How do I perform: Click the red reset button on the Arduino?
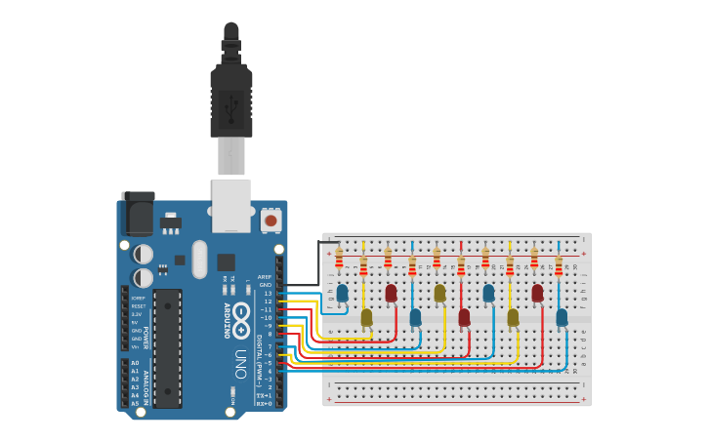271,221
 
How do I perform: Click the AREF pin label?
265,277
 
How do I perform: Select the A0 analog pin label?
135,363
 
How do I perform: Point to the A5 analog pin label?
135,403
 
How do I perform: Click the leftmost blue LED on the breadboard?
342,293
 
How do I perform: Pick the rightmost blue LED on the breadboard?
562,317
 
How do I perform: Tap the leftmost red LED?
391,293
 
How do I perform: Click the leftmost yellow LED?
366,317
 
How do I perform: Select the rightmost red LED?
537,293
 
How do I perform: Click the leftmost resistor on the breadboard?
339,258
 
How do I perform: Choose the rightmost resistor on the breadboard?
559,266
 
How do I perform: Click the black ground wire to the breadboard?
317,263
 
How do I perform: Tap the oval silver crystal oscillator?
200,260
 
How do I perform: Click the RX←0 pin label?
264,403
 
